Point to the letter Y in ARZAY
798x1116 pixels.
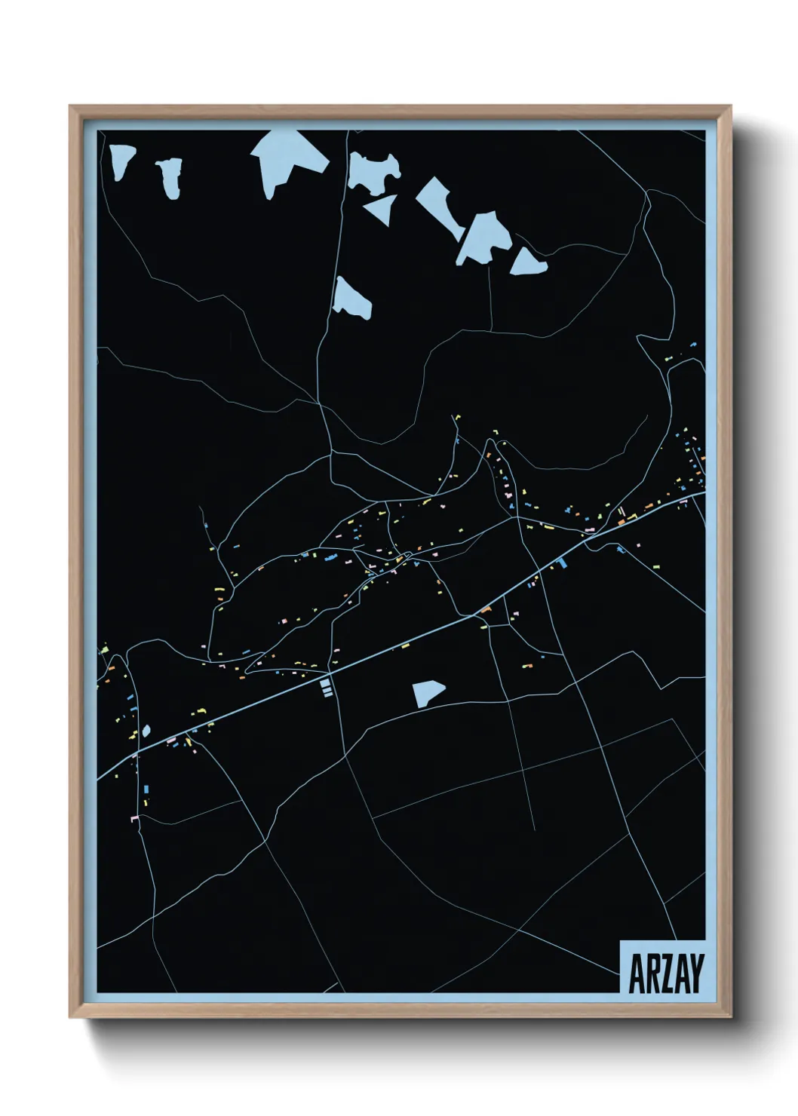tap(695, 973)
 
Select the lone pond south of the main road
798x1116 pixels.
tap(427, 693)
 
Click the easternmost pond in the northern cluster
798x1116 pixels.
tap(528, 262)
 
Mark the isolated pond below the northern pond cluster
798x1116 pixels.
tap(351, 299)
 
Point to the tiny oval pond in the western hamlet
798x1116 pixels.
tap(146, 731)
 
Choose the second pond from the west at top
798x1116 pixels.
tap(170, 177)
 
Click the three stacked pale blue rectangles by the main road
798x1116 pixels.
tap(326, 687)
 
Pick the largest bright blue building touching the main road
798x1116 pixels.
tap(563, 562)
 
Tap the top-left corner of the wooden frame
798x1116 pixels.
tap(69, 106)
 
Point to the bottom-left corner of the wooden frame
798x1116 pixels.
tap(69, 1017)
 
